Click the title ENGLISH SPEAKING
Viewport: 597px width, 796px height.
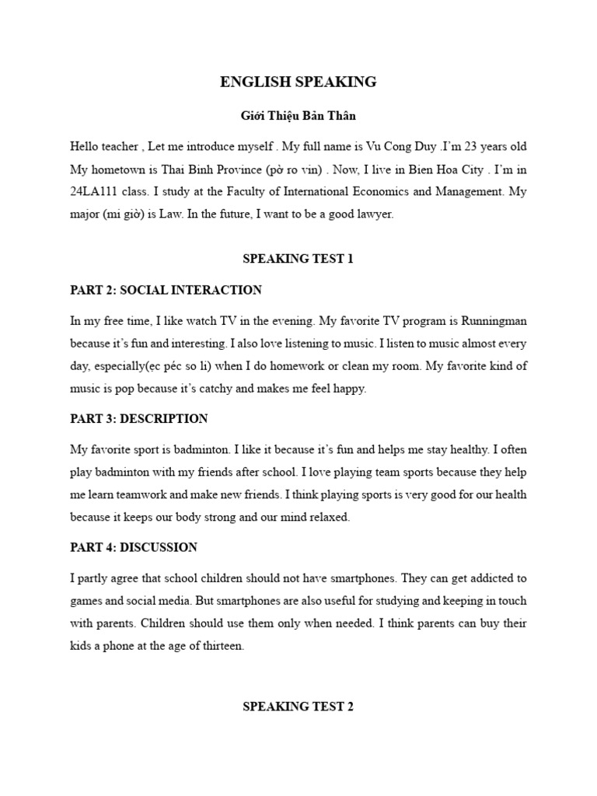point(298,82)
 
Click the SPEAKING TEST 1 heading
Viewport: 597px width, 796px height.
point(298,259)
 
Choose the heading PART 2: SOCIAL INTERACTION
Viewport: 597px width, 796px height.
point(166,290)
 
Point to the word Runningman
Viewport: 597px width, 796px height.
point(494,320)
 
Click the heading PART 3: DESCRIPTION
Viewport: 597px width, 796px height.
point(139,419)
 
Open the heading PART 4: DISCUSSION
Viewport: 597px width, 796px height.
point(133,547)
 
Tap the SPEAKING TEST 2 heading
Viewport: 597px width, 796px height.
point(298,707)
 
